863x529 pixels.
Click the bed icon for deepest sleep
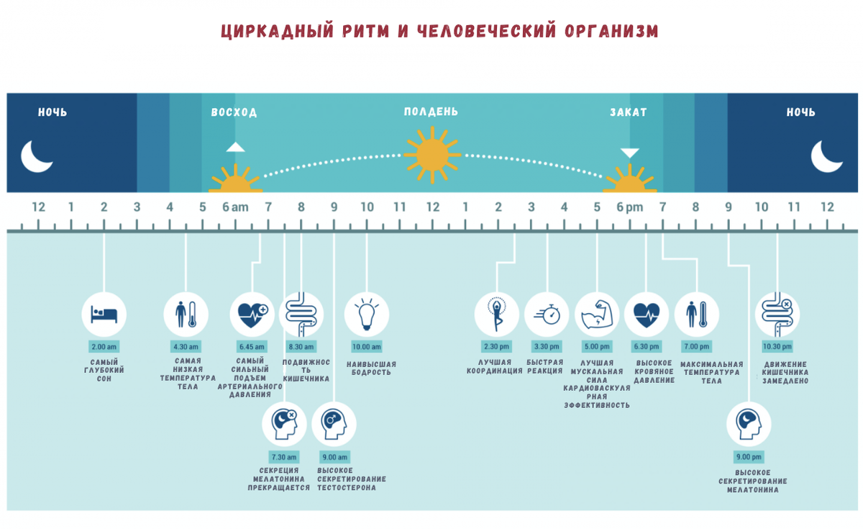tap(104, 315)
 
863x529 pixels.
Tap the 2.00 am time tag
tap(104, 346)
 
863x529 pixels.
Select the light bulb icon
tap(367, 315)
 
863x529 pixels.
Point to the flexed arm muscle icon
tap(597, 315)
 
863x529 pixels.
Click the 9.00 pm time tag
tap(748, 457)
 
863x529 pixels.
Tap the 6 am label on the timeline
tap(234, 207)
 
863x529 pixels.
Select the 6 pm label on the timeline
tap(630, 207)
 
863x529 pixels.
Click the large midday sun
tap(431, 153)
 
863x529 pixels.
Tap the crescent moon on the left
tap(36, 155)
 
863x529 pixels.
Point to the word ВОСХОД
tap(234, 112)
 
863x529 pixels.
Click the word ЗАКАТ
tap(629, 112)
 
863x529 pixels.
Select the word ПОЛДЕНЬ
tap(431, 112)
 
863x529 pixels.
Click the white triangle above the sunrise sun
tap(235, 148)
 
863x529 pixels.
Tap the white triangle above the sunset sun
tap(630, 153)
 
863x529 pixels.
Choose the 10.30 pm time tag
tap(777, 346)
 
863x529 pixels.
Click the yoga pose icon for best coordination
tap(497, 315)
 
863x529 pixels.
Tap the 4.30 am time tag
tap(186, 346)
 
